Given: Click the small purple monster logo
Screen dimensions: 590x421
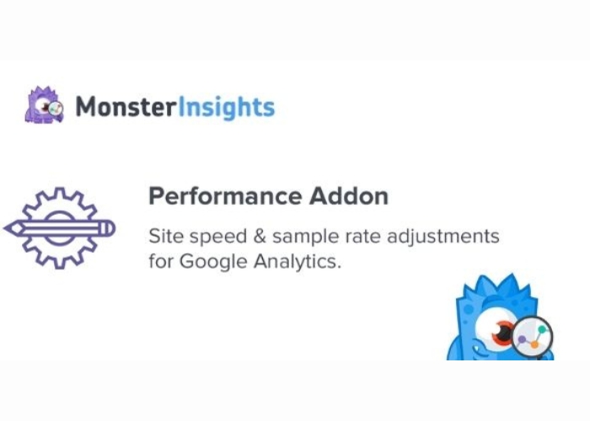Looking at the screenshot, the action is point(44,105).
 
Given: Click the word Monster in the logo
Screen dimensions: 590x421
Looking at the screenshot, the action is point(126,107).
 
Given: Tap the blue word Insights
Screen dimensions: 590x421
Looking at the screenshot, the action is point(226,108).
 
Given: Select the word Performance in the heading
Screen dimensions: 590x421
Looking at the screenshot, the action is point(225,196).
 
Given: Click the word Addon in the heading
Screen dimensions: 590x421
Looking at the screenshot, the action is point(349,195).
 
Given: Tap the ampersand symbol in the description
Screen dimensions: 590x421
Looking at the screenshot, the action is point(260,237).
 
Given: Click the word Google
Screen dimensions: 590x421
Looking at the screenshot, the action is point(213,262).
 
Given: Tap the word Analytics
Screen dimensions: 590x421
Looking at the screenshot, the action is point(298,262).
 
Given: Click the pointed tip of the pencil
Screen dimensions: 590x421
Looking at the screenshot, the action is point(5,228).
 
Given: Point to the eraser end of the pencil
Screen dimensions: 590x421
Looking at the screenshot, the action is point(110,228).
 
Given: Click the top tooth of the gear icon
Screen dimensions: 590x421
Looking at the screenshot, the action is point(59,193).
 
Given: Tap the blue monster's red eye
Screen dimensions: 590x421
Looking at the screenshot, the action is point(503,332).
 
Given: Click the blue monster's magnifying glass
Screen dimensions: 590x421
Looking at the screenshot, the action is point(533,337).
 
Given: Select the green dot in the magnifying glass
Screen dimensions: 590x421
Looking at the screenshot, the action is point(542,330).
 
